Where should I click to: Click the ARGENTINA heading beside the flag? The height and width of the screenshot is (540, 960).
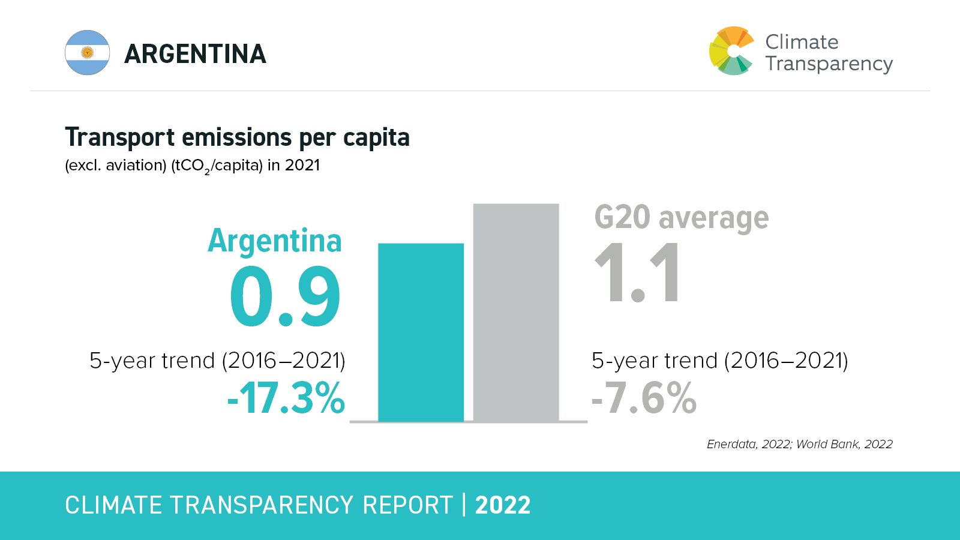coord(195,54)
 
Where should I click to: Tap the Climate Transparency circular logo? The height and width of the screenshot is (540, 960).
coord(731,51)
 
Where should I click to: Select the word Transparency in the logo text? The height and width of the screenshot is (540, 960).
coord(829,64)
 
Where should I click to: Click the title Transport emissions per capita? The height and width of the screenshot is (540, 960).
coord(237,137)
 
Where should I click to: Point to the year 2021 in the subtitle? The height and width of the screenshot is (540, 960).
coord(302,165)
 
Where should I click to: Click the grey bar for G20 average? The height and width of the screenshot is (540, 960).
coord(516,312)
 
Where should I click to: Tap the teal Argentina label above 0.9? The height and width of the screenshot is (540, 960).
coord(275,241)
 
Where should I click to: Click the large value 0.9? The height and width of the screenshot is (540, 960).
coord(285,297)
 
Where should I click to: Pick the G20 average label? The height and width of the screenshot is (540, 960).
coord(681,217)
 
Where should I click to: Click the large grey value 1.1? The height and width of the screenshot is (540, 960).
coord(637,273)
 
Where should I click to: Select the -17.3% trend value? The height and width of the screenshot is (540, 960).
coord(286,398)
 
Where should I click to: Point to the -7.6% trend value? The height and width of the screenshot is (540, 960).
coord(644,398)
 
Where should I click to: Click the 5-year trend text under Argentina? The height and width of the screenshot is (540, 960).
coord(217,361)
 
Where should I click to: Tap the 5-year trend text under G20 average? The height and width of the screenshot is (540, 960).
coord(719,361)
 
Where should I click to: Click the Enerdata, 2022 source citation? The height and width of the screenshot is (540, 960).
coord(748,444)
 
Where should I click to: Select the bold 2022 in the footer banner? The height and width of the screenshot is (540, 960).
coord(503,505)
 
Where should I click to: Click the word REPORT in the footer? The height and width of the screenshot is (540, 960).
coord(407,505)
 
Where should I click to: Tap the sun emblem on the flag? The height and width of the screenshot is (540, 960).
coord(88,53)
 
